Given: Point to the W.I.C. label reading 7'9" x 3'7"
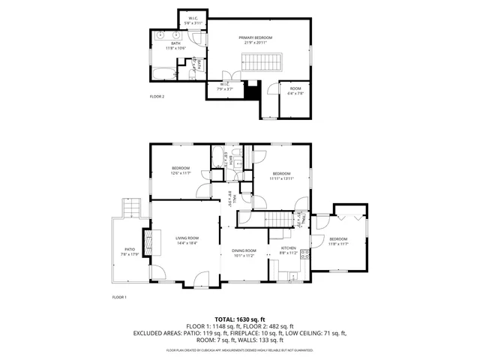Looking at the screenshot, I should click(x=225, y=87).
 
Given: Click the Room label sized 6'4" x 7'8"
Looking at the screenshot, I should click(x=295, y=91).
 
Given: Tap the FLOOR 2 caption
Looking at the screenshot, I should click(x=157, y=97).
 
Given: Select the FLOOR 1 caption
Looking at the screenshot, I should click(x=119, y=298).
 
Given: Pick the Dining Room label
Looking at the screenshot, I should click(x=244, y=252).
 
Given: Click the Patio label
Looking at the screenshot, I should click(x=129, y=251).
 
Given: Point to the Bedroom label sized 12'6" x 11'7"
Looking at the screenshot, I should click(x=181, y=170).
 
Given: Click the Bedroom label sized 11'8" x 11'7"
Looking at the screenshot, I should click(x=339, y=241).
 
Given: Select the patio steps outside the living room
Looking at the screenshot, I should click(x=130, y=208).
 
